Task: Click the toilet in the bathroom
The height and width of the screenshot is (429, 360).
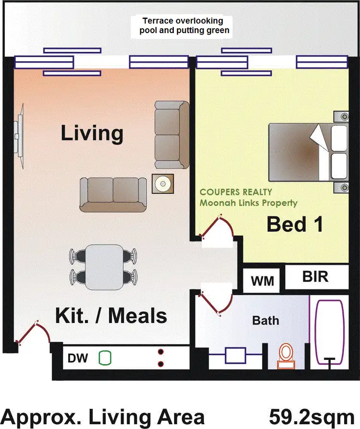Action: pos(286,356)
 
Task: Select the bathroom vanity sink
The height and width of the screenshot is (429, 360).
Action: pos(235,356)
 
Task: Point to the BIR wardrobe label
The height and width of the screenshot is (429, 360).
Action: pos(315,277)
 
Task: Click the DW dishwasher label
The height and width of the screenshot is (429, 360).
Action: pos(77,358)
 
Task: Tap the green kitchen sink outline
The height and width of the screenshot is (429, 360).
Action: pos(105,357)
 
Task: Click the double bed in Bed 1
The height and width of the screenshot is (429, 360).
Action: pos(307,152)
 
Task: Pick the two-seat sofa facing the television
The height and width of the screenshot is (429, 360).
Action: pos(113,194)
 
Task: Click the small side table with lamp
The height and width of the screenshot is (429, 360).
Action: pos(162,184)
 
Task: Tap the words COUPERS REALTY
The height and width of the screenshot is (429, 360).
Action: pos(236,192)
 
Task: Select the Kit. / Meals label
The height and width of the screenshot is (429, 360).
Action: pos(111,316)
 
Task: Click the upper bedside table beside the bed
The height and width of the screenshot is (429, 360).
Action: pos(344,117)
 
